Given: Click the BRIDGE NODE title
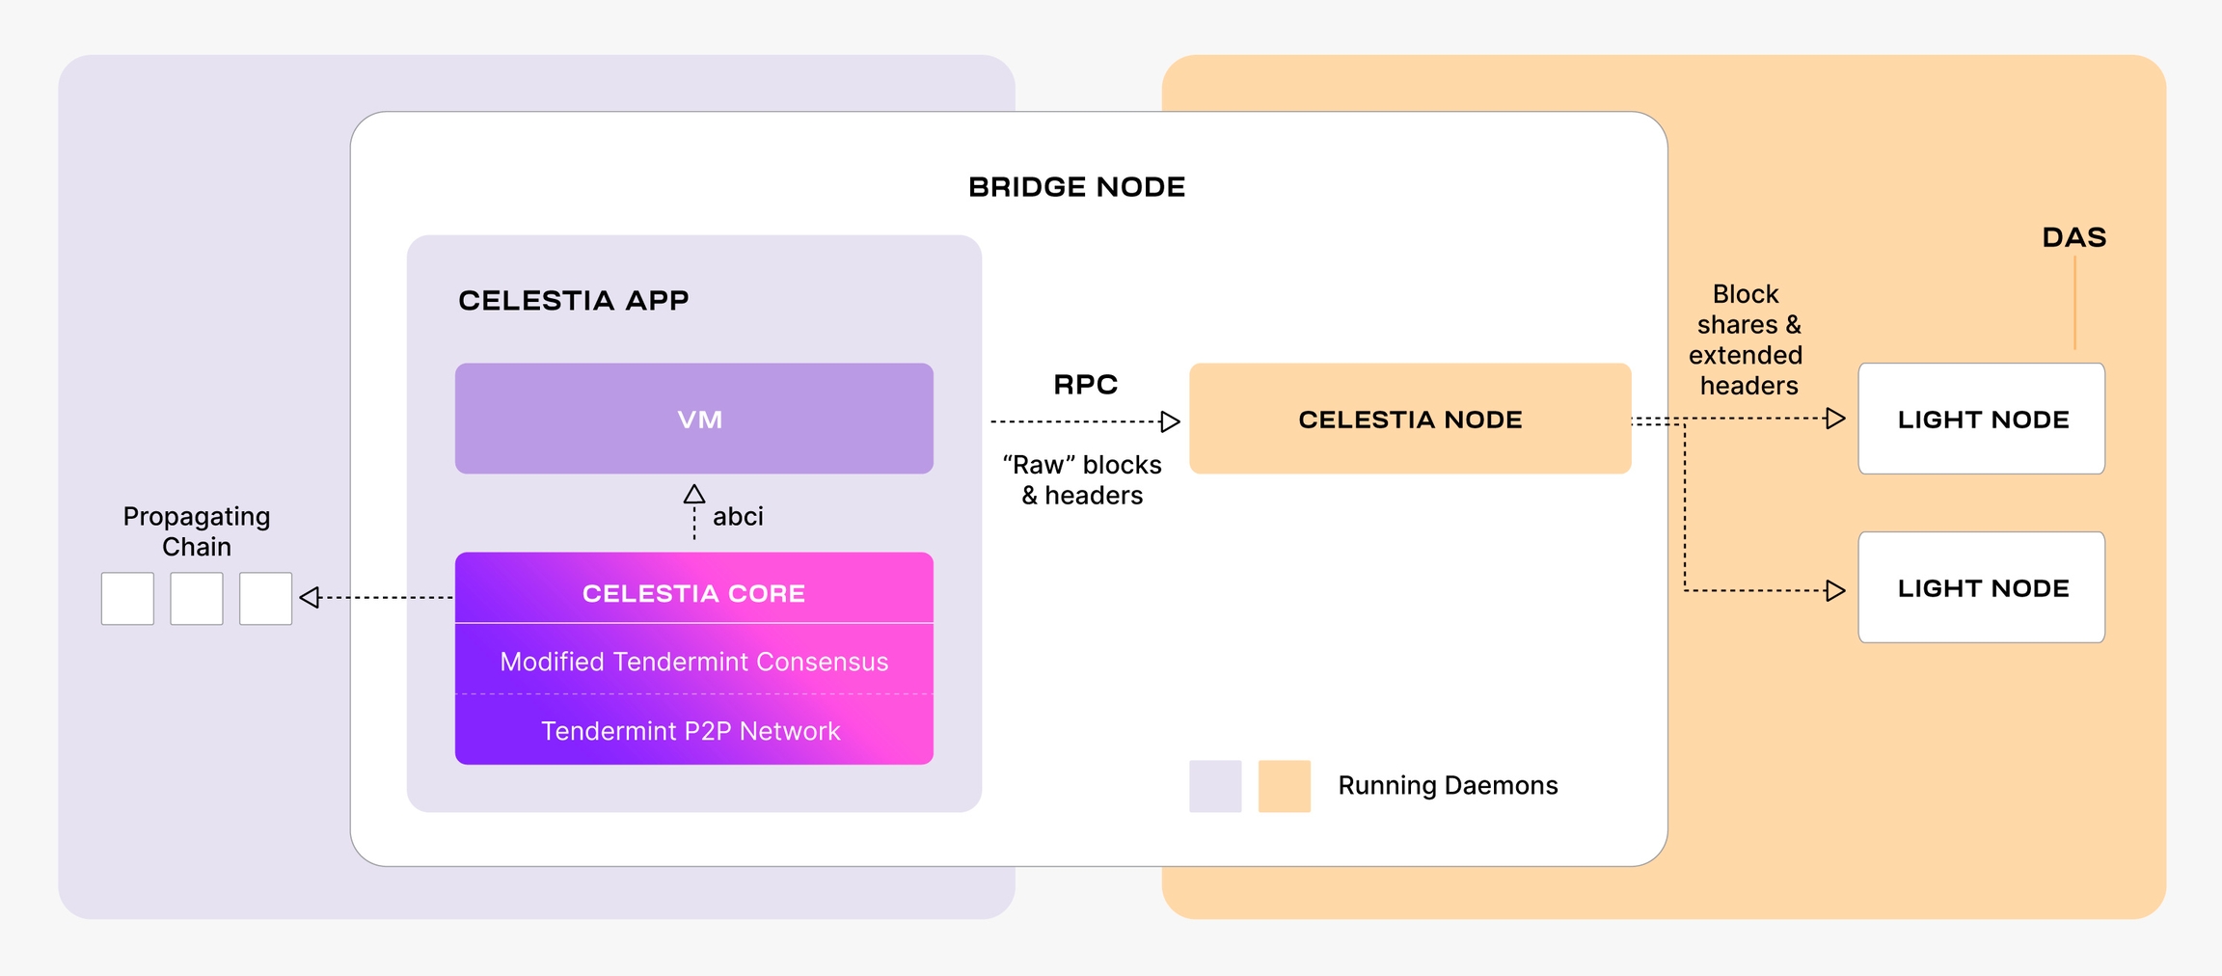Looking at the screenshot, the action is click(1076, 187).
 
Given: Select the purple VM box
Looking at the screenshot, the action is click(694, 419).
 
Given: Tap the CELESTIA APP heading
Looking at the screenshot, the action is click(574, 301).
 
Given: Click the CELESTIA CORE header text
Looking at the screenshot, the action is click(693, 593).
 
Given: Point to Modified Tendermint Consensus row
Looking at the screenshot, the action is click(694, 661).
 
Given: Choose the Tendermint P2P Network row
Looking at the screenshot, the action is click(694, 730).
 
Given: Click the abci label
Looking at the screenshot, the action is click(738, 517).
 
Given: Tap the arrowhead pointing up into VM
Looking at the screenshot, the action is click(694, 494).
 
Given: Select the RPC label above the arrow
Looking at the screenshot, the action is click(1085, 385).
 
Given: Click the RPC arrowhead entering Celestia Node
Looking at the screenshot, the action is click(1171, 421).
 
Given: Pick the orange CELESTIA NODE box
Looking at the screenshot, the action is click(1410, 419).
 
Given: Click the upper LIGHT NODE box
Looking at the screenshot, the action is click(1982, 419).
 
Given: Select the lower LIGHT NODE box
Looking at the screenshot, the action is click(1982, 587).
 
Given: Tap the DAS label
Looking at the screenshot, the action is click(2074, 237).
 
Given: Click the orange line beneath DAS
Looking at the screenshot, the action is click(2074, 301).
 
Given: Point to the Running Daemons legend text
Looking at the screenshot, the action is click(1448, 786).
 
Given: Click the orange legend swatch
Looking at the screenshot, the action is click(1285, 786).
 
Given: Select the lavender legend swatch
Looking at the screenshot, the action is click(1215, 786).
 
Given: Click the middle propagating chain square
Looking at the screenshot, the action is click(197, 599).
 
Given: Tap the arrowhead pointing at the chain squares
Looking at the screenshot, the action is click(309, 598).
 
